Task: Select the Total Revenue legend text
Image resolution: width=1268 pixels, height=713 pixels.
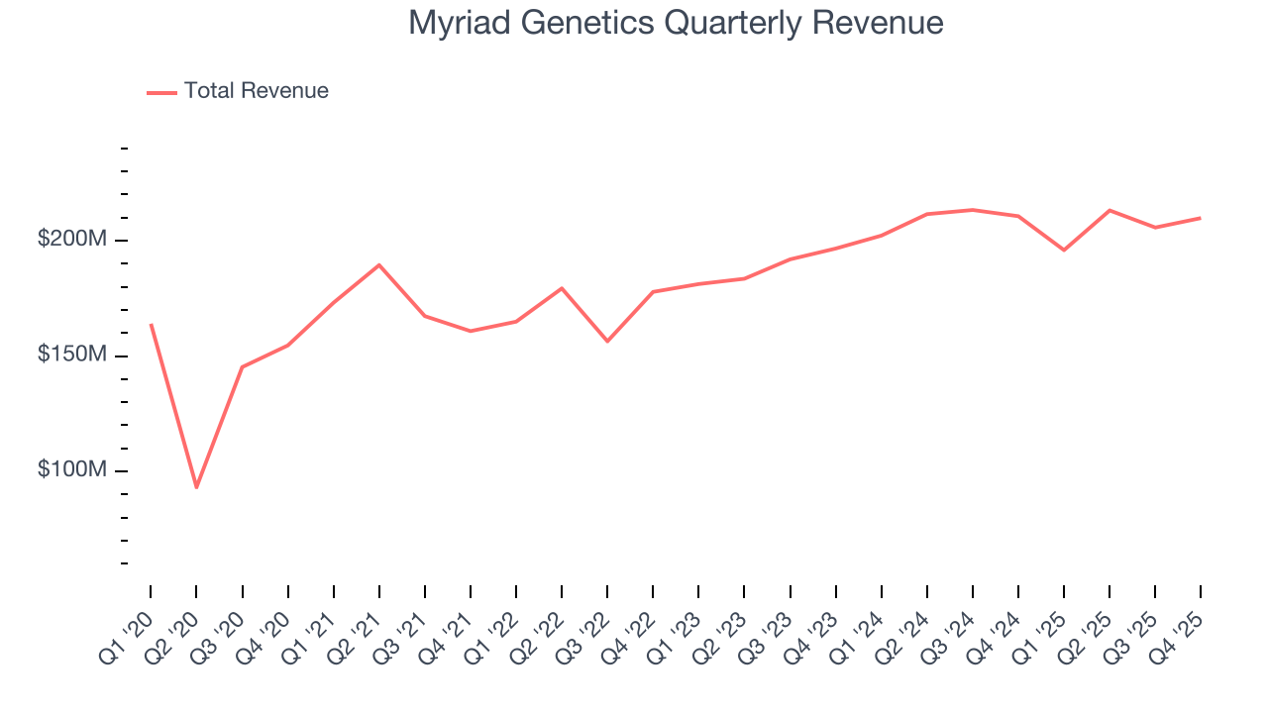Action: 256,91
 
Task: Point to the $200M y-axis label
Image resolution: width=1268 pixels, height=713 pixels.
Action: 72,240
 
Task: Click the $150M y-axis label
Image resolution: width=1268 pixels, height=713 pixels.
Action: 72,355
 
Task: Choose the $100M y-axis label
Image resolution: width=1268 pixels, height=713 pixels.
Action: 72,469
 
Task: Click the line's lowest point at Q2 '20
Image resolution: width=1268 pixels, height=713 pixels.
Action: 196,487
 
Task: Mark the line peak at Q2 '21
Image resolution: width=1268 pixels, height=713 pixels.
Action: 379,264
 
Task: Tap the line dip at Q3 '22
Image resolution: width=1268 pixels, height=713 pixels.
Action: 607,341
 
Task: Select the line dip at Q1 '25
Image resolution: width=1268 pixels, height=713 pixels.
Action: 1064,250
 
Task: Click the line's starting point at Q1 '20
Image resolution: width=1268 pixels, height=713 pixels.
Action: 151,324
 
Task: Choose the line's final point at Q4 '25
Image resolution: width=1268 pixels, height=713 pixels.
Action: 1201,218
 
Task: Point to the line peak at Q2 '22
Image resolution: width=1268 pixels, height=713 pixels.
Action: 562,288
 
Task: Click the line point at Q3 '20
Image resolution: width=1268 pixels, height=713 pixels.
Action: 242,367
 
